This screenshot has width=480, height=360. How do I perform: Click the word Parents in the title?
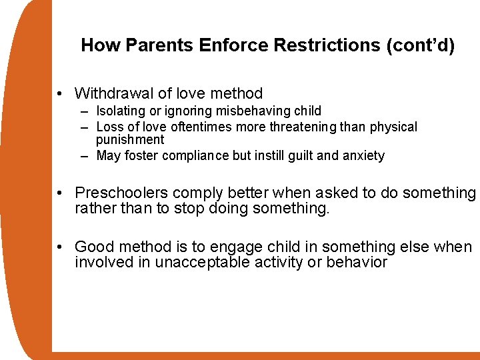click(151, 45)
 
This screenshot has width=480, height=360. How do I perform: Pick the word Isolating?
click(120, 111)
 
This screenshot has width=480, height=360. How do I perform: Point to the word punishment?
click(129, 140)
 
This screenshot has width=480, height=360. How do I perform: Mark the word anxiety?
click(361, 156)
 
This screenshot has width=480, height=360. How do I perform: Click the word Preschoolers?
click(121, 193)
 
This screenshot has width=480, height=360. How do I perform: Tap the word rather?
click(94, 208)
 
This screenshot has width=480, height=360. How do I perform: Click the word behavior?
click(357, 263)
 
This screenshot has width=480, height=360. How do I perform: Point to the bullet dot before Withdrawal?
click(61, 94)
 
